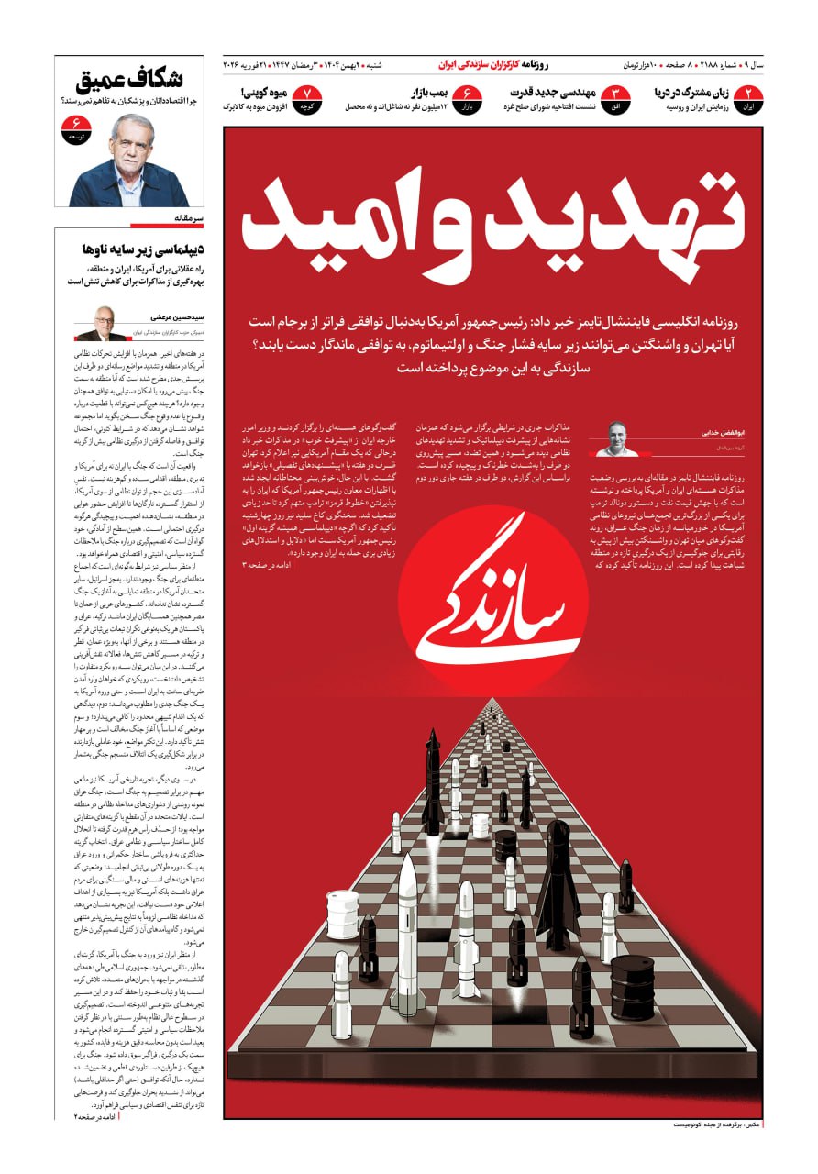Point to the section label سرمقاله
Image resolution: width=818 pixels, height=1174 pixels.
point(187,219)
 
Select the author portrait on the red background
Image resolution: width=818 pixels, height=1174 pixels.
point(617,438)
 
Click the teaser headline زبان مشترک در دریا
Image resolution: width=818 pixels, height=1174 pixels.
point(690,93)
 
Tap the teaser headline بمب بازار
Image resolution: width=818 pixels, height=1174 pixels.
point(428,93)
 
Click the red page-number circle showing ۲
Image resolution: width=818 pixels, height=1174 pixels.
point(749,96)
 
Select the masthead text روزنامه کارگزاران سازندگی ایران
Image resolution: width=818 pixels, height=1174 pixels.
point(492,65)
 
